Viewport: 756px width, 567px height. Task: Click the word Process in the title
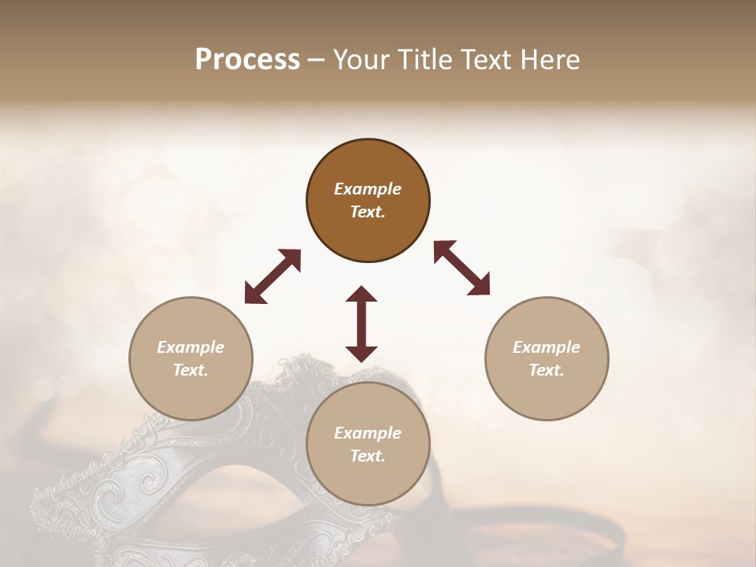click(247, 60)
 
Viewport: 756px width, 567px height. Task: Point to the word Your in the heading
click(361, 60)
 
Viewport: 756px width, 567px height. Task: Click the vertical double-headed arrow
click(361, 324)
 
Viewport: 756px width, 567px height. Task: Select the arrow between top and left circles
click(272, 276)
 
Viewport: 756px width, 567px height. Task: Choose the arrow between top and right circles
click(462, 268)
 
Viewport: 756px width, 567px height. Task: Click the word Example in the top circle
click(368, 189)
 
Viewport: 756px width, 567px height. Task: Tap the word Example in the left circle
click(191, 347)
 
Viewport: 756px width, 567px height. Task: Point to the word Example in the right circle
click(547, 347)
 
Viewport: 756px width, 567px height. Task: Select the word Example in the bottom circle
click(368, 433)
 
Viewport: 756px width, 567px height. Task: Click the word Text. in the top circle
click(368, 212)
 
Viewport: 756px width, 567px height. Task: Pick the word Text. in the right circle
click(547, 370)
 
